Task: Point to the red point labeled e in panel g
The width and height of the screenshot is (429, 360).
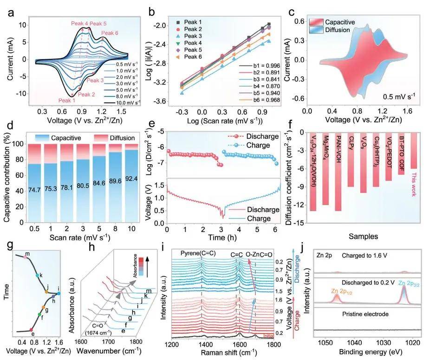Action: [31, 329]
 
